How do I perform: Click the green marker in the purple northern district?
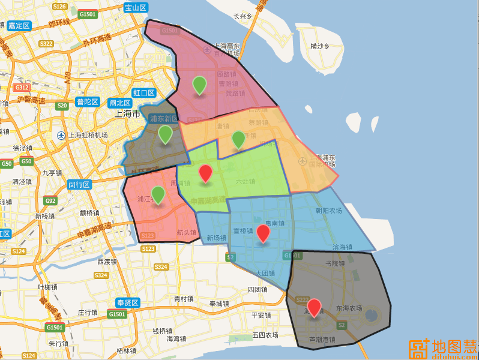tap(199, 85)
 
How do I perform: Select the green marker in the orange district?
tap(238, 139)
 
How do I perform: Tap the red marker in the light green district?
tap(205, 173)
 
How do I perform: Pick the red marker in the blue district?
tap(263, 233)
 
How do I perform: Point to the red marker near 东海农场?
tap(314, 307)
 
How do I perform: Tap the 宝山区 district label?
tap(136, 8)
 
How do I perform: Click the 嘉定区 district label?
tap(19, 26)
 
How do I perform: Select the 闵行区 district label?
tap(79, 184)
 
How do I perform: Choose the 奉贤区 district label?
tap(128, 303)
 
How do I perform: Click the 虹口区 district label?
tap(144, 93)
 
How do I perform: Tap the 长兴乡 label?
tap(243, 16)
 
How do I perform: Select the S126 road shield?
tap(59, 6)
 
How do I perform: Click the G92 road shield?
tap(50, 200)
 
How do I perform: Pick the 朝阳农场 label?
tap(328, 211)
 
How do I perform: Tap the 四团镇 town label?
tap(257, 289)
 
